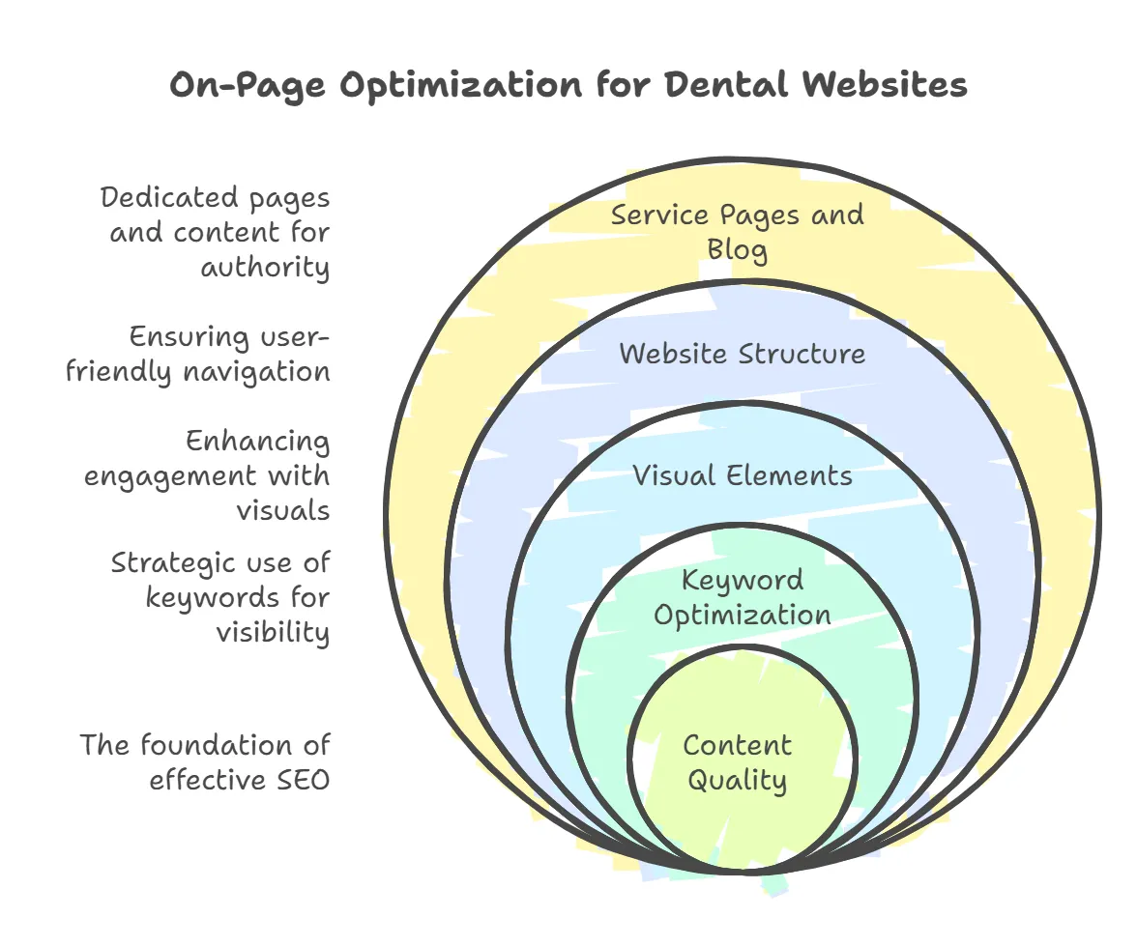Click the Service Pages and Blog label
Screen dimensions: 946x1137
pyautogui.click(x=738, y=232)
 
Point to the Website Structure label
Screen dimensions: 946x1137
pyautogui.click(x=742, y=353)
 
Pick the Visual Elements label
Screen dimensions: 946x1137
pyautogui.click(x=742, y=475)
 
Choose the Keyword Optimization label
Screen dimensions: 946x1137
pyautogui.click(x=742, y=597)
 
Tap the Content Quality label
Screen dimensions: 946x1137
pyautogui.click(x=737, y=762)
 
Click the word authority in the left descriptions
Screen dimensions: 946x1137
pyautogui.click(x=265, y=267)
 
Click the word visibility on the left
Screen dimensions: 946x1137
pyautogui.click(x=272, y=632)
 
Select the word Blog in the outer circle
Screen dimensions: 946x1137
pyautogui.click(x=738, y=250)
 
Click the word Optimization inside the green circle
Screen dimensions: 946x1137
pyautogui.click(x=742, y=615)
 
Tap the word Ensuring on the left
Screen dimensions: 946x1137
pyautogui.click(x=189, y=337)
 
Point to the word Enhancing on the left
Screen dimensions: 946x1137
pyautogui.click(x=257, y=442)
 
